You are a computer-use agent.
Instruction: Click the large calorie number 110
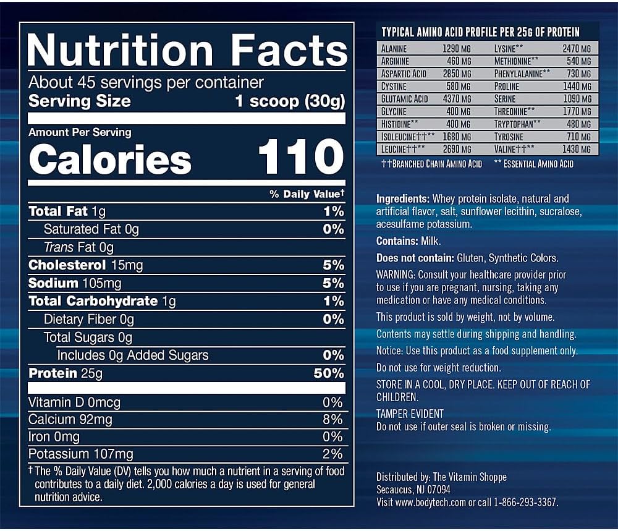pos(300,158)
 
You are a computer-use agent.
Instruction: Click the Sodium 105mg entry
pos(75,283)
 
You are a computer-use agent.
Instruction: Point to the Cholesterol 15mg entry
pos(86,265)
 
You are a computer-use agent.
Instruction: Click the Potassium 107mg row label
pos(80,454)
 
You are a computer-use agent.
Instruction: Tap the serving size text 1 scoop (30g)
pos(289,101)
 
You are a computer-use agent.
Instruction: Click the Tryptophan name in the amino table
pos(517,124)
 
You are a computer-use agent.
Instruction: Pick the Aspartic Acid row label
pos(405,74)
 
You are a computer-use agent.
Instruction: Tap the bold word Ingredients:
pos(403,199)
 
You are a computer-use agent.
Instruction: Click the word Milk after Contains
pos(430,241)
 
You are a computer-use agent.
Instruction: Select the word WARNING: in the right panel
pos(396,274)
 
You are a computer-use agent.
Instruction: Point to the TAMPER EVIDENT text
pos(410,414)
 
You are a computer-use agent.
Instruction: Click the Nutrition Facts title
pos(187,50)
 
